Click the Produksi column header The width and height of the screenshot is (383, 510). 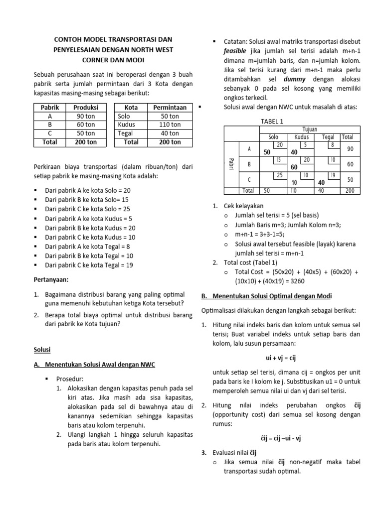point(86,107)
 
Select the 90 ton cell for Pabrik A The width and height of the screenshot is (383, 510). point(86,116)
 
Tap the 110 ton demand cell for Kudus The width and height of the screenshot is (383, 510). point(170,125)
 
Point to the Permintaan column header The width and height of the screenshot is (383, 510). point(170,107)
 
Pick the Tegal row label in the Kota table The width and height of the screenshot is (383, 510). point(125,133)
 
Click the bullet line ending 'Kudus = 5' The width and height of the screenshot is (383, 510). point(89,218)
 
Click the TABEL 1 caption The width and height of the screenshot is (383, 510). point(272,122)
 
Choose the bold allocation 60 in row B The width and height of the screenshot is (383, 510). point(294,167)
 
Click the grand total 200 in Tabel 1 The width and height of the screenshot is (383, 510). point(350,191)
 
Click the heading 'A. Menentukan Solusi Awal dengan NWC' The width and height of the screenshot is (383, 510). point(94,365)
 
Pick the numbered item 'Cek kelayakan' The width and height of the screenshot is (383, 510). point(243,206)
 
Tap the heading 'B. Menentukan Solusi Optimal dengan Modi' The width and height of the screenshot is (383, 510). point(266,296)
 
